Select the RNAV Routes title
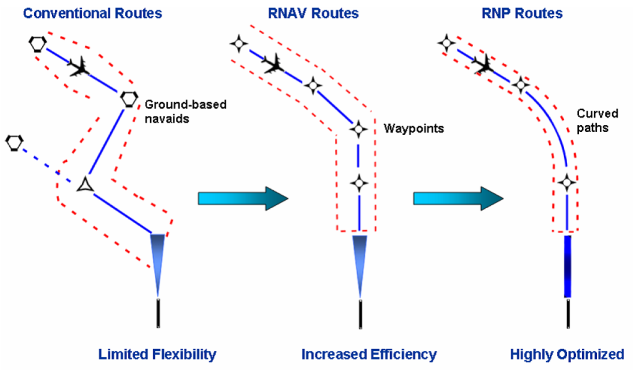[x=313, y=12]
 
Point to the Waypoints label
[x=414, y=128]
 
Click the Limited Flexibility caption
[x=157, y=355]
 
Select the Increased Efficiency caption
[x=369, y=355]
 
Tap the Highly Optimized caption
[x=567, y=355]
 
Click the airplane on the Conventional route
[x=79, y=66]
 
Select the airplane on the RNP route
[x=483, y=62]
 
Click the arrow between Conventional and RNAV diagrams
[x=243, y=198]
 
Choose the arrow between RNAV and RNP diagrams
[x=458, y=198]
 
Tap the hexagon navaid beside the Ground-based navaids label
[x=129, y=98]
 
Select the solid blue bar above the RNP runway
[x=567, y=267]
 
